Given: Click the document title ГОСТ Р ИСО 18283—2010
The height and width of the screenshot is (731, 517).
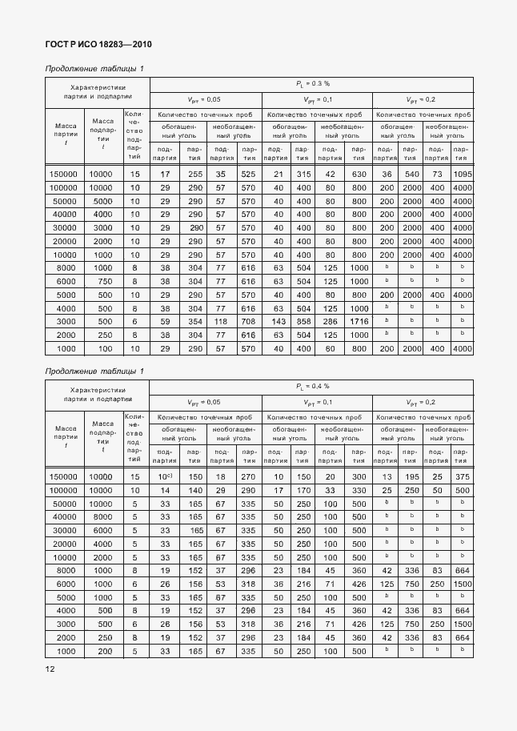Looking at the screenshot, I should (x=98, y=45).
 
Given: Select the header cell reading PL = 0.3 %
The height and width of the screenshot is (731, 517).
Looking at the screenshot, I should (x=311, y=83).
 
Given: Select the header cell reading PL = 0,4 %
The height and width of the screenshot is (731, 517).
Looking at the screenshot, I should (x=311, y=387).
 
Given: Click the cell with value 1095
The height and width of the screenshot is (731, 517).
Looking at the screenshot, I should (x=461, y=174).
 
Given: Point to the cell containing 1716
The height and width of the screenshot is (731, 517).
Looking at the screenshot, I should (x=358, y=320).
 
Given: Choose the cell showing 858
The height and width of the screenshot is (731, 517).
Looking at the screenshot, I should (x=303, y=320).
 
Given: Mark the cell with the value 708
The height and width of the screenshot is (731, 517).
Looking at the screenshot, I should (x=248, y=320).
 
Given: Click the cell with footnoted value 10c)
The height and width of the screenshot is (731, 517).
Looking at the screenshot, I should (x=164, y=476).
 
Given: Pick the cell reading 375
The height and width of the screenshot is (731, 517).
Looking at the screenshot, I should (x=461, y=476).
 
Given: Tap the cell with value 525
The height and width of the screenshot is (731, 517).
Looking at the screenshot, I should (x=248, y=174).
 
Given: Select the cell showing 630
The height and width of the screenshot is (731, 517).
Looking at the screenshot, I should (x=358, y=174).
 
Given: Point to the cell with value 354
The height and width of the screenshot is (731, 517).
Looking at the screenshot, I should (x=194, y=320).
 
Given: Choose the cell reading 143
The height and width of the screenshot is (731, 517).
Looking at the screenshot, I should (x=279, y=320).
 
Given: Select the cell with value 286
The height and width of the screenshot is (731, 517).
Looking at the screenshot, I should (x=331, y=320).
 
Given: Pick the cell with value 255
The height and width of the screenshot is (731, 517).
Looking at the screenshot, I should (x=194, y=174).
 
